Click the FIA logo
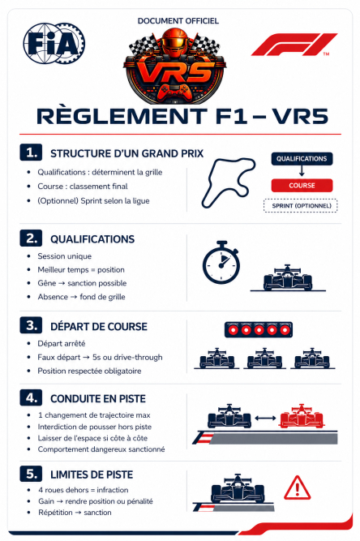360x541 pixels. click(54, 44)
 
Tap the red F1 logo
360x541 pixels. click(294, 44)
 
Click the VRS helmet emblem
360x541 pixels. click(175, 66)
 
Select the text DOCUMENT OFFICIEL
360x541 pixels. click(178, 21)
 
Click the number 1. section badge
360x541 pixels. click(31, 152)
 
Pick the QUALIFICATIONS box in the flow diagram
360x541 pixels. click(302, 159)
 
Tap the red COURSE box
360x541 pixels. click(302, 185)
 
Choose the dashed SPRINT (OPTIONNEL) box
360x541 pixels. click(301, 206)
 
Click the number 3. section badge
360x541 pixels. click(31, 325)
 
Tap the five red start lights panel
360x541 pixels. click(259, 330)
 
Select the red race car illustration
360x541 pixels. click(301, 416)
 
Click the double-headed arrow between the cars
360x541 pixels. click(265, 419)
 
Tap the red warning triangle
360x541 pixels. click(298, 487)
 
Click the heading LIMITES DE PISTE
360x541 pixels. click(92, 474)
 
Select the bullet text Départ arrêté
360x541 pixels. click(62, 344)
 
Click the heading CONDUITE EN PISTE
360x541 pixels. click(98, 399)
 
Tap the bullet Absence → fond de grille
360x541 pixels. click(81, 297)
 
